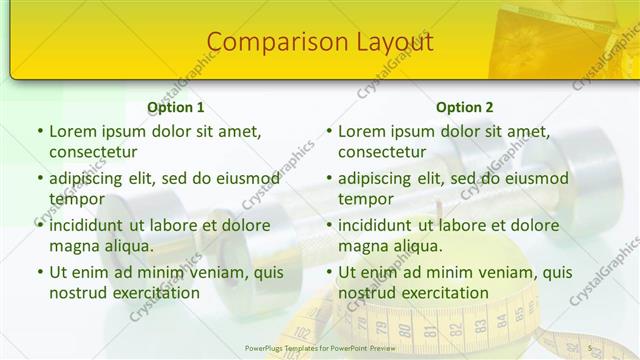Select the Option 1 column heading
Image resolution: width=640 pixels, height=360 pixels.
tap(176, 108)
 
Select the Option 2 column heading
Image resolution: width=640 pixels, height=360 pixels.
tap(465, 108)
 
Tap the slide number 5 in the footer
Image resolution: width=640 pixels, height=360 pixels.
tap(590, 347)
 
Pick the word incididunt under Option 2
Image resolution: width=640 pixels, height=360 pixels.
tap(381, 225)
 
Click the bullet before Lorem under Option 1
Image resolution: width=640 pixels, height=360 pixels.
tap(40, 132)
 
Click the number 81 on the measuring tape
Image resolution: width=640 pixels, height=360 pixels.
tap(431, 330)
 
